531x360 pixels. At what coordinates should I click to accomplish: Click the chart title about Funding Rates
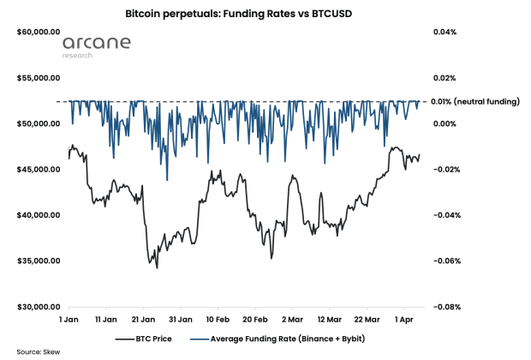265,15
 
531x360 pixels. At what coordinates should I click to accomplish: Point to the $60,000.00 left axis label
37,33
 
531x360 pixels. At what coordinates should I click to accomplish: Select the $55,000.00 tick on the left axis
37,78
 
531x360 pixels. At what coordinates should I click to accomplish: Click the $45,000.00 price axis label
37,170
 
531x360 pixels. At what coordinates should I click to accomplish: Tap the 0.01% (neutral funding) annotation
476,102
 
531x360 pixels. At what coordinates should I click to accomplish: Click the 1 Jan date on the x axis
69,319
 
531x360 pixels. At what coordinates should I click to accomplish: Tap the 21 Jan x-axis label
142,319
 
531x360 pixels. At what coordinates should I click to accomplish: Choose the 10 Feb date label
217,319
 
